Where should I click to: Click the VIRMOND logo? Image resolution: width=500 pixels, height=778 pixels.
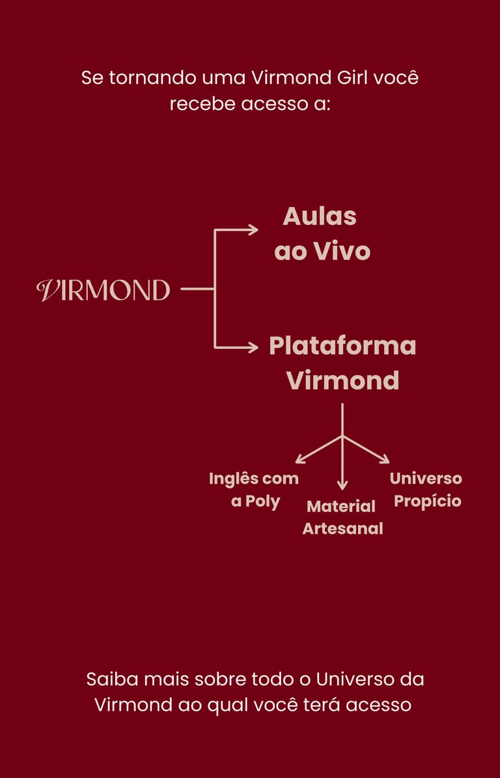pyautogui.click(x=104, y=290)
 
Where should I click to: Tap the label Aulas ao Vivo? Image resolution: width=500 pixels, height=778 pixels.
pyautogui.click(x=322, y=234)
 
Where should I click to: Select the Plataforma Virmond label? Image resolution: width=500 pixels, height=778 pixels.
pyautogui.click(x=342, y=363)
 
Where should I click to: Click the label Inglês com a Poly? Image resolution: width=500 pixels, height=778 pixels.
pyautogui.click(x=254, y=490)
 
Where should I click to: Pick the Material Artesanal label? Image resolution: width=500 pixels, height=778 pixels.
pyautogui.click(x=342, y=517)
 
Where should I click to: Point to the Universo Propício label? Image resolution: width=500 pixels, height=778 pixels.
pyautogui.click(x=426, y=490)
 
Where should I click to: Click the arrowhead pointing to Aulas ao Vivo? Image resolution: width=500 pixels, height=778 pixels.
pyautogui.click(x=253, y=229)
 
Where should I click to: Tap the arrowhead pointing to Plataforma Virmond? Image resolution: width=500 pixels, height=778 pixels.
pyautogui.click(x=253, y=347)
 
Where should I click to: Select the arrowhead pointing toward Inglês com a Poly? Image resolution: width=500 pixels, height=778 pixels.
pyautogui.click(x=299, y=460)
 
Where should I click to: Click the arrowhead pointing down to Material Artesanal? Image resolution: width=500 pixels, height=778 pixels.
pyautogui.click(x=342, y=485)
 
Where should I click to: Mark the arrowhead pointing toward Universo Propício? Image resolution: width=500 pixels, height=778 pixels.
pyautogui.click(x=385, y=460)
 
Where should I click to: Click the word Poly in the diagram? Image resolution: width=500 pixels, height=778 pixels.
pyautogui.click(x=262, y=502)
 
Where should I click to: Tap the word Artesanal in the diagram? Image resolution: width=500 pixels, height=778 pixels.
pyautogui.click(x=342, y=529)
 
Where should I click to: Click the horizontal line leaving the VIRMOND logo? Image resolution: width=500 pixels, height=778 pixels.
pyautogui.click(x=197, y=288)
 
